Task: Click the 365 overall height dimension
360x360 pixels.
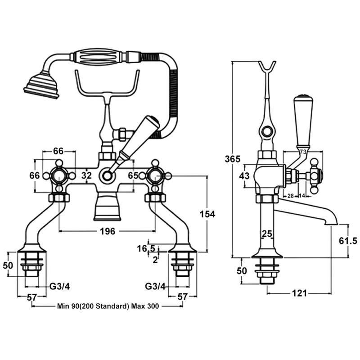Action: pos(232,159)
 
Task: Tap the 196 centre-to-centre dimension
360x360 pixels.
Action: pos(108,231)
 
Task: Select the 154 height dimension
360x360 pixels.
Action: pos(207,214)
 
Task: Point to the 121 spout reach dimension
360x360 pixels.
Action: pos(299,293)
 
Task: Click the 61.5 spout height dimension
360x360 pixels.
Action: pos(348,241)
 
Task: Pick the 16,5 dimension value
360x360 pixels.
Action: pos(146,248)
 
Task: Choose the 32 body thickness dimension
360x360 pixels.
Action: pos(86,175)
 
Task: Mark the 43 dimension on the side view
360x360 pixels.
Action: pos(244,176)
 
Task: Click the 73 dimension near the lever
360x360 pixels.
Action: pos(303,152)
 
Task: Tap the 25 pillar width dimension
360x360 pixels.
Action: pos(267,234)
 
